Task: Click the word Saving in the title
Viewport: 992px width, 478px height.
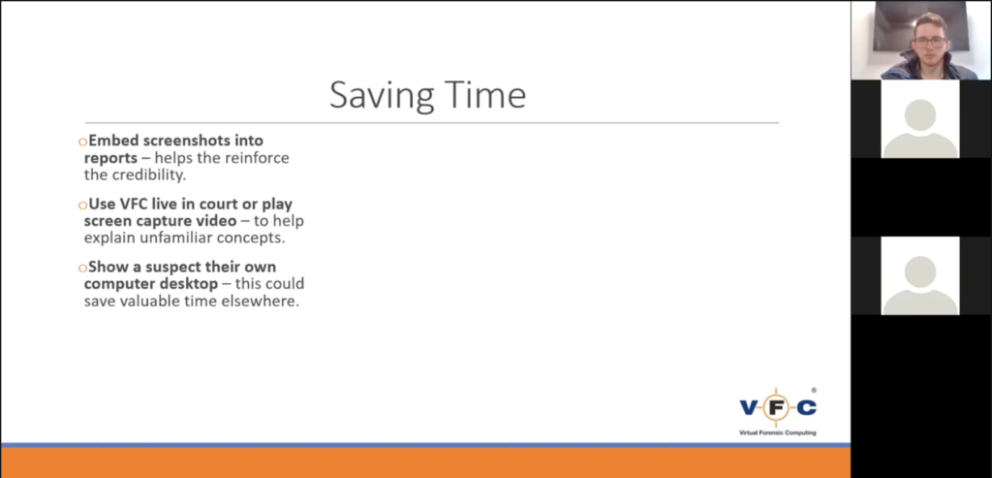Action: [382, 96]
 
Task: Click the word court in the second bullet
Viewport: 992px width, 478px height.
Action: [221, 204]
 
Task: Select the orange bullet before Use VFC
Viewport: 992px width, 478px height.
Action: [82, 206]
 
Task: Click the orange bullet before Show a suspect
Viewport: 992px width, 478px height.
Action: [82, 268]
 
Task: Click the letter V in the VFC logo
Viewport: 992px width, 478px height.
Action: [750, 408]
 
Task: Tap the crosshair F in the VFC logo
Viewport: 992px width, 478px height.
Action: [776, 407]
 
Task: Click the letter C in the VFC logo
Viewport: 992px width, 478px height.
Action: [806, 408]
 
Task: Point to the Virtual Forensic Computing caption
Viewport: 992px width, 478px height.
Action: [778, 433]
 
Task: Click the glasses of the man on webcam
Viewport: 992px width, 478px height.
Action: [929, 42]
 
